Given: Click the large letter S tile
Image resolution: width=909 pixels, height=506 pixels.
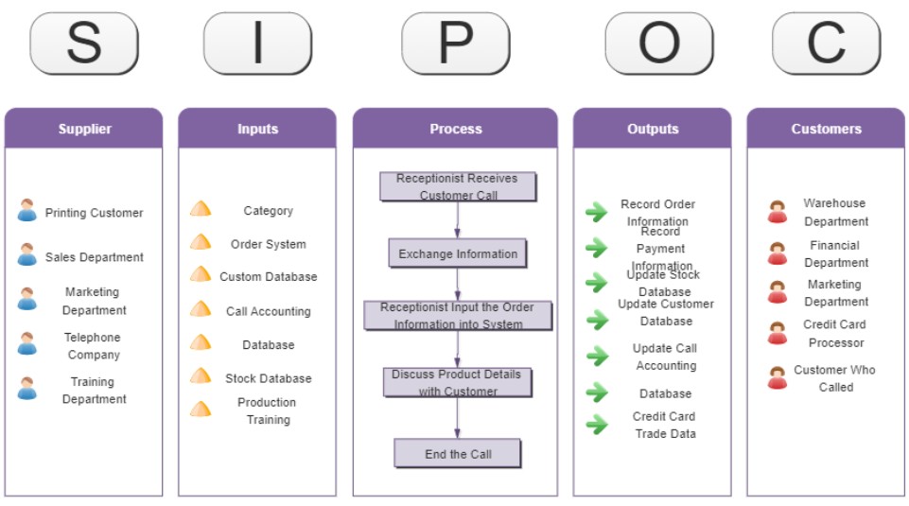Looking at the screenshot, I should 84,44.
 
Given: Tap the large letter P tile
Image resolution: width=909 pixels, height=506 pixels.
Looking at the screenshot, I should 456,44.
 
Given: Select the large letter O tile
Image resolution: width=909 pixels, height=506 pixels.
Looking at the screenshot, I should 659,44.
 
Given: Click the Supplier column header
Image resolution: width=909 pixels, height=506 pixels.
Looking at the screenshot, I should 84,129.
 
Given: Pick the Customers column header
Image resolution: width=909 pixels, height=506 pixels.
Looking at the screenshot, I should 826,129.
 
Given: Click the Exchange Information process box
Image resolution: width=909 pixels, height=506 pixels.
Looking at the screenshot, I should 458,253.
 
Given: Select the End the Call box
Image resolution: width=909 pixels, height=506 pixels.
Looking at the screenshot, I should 458,454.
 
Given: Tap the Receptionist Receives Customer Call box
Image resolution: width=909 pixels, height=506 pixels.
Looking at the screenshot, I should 458,186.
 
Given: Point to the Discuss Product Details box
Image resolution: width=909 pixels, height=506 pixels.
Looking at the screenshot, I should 458,382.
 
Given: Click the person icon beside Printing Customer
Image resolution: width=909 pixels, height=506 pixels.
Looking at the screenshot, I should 26,211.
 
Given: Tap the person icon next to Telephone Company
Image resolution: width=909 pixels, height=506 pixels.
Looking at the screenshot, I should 26,344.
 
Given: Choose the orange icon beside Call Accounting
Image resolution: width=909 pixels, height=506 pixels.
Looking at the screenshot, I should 201,309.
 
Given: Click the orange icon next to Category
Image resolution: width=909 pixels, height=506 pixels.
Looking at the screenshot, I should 201,209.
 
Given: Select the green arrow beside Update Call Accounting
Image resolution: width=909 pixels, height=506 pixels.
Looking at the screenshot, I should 597,356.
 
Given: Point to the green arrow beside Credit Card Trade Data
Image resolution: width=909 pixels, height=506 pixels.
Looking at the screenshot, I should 597,425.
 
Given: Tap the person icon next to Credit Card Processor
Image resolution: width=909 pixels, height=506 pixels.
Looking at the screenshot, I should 778,333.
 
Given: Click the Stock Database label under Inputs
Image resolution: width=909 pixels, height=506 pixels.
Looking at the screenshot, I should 268,378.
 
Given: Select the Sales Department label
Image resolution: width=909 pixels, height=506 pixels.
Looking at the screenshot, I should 95,257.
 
